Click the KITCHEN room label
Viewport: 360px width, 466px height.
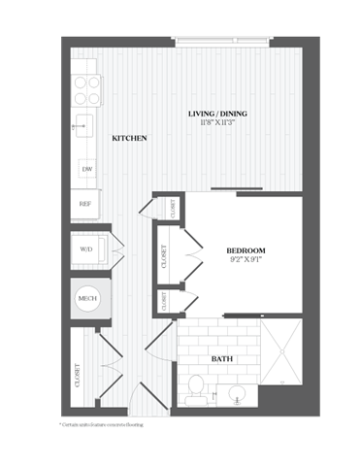tap(129, 139)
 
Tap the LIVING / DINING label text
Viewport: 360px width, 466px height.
tap(217, 115)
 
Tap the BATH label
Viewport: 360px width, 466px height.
tap(222, 358)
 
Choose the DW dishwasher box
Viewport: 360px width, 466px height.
tap(86, 169)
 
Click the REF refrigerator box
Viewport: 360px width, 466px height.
tap(86, 205)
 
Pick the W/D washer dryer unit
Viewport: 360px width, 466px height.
tap(86, 250)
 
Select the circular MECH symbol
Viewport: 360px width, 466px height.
tap(86, 299)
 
